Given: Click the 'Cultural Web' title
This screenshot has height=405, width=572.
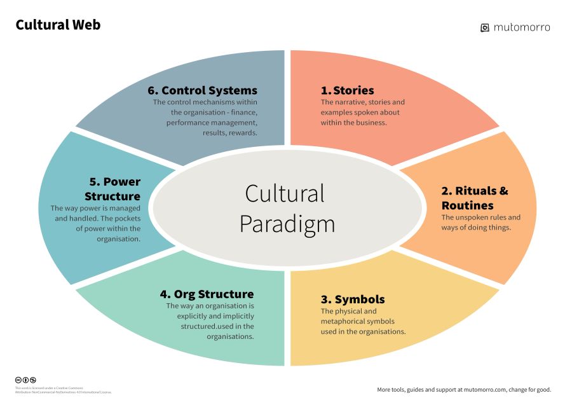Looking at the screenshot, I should tap(58, 25).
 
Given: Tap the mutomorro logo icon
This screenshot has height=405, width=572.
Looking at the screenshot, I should tap(484, 27).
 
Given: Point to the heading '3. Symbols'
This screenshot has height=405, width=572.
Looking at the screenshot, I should tap(353, 299).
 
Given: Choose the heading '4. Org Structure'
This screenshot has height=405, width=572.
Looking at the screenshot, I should tap(207, 294).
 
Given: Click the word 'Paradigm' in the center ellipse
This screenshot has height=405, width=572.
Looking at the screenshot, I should tap(287, 224).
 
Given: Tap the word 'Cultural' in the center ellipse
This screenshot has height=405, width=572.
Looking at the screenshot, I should tap(285, 193).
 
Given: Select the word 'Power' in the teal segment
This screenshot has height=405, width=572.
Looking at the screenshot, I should tap(121, 182).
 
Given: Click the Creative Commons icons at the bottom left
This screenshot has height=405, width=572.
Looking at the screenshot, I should tap(25, 380).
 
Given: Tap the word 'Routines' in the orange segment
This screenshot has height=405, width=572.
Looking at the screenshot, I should tap(467, 205).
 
